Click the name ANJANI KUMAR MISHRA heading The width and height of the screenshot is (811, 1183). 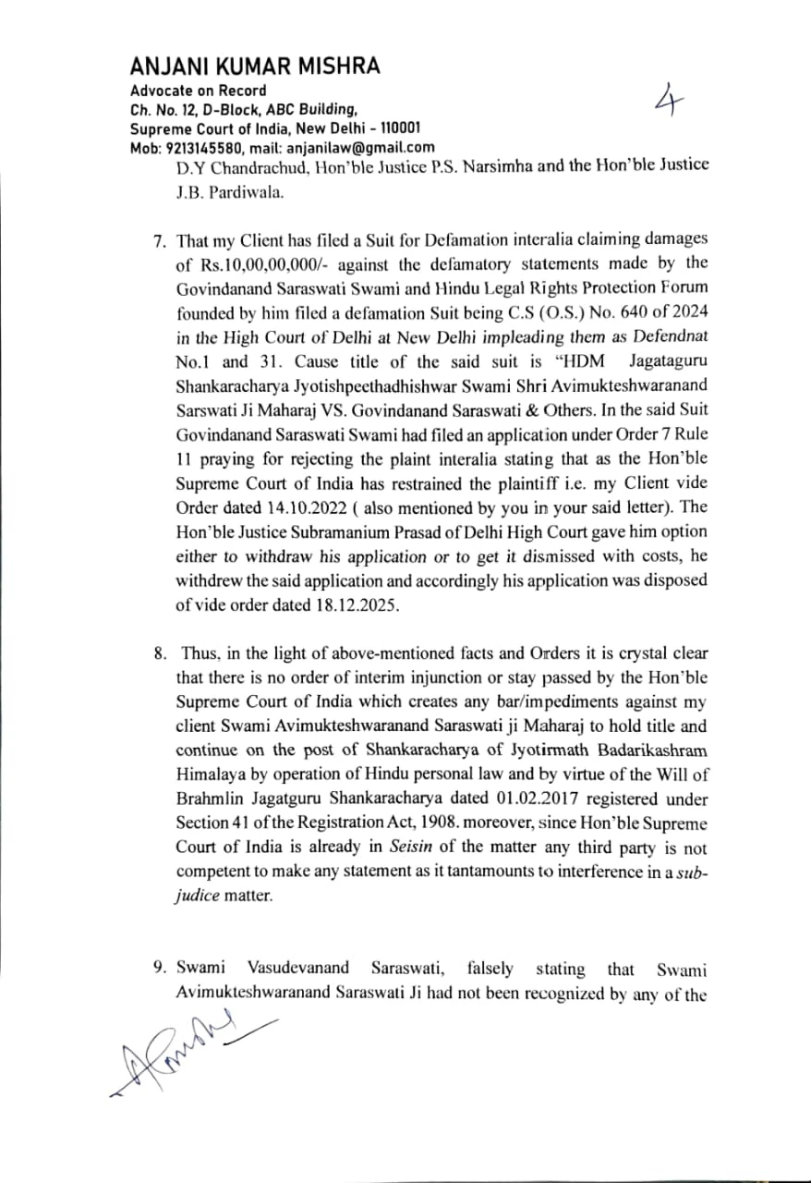254,67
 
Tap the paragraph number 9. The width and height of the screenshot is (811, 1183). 159,969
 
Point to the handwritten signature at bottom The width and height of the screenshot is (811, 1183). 189,1054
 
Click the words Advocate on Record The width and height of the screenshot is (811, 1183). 199,91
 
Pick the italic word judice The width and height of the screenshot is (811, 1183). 193,896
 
